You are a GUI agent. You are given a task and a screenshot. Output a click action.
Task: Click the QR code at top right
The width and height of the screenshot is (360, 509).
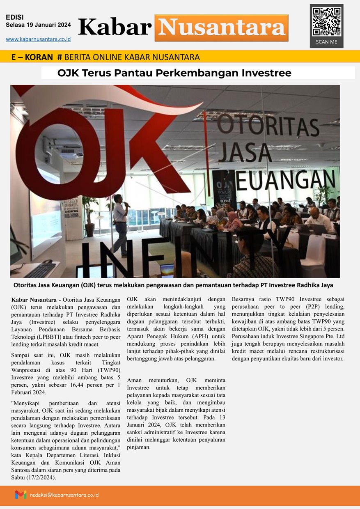pyautogui.click(x=326, y=21)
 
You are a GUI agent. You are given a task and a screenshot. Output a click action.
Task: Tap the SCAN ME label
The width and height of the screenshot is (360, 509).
pyautogui.click(x=326, y=42)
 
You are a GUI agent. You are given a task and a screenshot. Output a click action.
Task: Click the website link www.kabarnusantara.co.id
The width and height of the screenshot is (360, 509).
pyautogui.click(x=38, y=39)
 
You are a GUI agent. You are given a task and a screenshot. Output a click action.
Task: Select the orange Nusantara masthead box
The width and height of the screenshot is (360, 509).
pyautogui.click(x=221, y=28)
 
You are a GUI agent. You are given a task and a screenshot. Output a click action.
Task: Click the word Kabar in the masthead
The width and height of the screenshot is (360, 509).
pyautogui.click(x=115, y=28)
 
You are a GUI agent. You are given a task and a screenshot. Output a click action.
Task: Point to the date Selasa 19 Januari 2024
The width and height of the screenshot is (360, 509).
pyautogui.click(x=38, y=25)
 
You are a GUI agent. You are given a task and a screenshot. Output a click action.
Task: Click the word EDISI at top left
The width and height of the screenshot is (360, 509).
pyautogui.click(x=15, y=17)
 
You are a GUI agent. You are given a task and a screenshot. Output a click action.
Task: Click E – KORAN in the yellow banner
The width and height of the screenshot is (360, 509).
pyautogui.click(x=32, y=57)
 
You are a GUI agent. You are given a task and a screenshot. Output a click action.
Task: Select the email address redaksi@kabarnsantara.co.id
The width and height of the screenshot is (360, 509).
pyautogui.click(x=64, y=495)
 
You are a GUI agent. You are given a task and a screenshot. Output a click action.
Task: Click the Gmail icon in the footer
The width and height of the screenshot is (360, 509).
pyautogui.click(x=21, y=495)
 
